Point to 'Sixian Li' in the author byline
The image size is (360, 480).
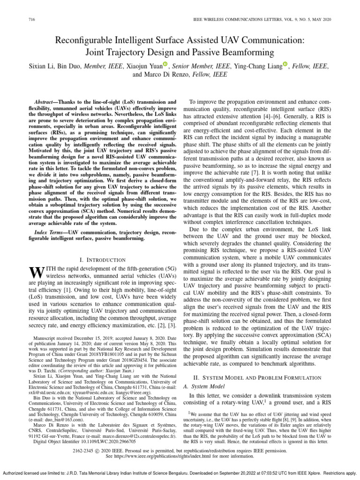[x=45, y=66]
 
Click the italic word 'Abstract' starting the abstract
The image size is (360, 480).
[x=46, y=102]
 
